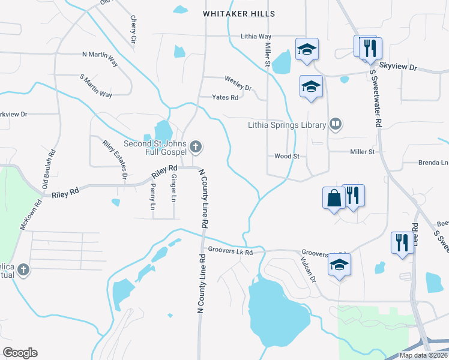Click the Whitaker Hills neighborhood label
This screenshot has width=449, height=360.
[x=239, y=14]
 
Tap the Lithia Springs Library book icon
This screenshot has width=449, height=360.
[x=336, y=125]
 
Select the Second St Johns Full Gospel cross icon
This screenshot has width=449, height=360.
[x=195, y=146]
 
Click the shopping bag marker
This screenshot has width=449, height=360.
[x=334, y=197]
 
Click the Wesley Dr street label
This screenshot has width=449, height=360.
[x=238, y=79]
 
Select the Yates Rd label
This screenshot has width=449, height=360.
[x=226, y=97]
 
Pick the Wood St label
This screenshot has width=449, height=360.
[x=286, y=156]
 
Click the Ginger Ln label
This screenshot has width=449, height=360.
[x=173, y=188]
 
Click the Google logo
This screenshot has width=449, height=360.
[x=20, y=353]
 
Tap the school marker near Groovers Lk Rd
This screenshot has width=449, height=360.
[x=339, y=265]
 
